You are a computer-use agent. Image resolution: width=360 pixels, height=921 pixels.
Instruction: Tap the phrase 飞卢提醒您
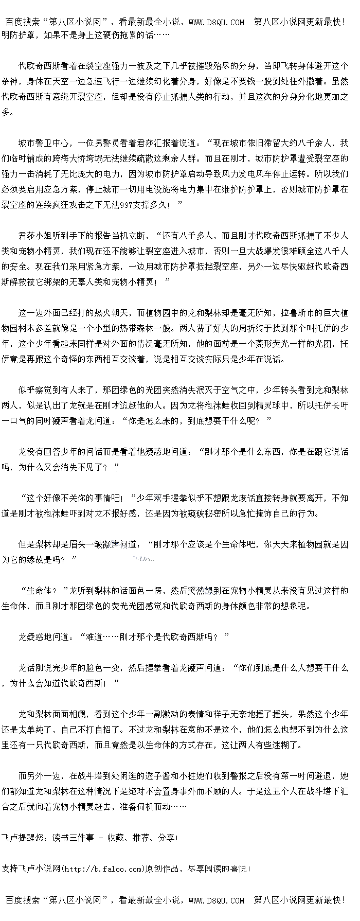tap(23, 838)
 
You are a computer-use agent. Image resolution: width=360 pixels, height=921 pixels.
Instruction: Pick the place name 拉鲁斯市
tap(297, 313)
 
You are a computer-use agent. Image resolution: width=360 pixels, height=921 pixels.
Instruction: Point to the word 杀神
tap(10, 81)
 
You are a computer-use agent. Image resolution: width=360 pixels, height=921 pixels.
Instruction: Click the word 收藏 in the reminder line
tap(116, 838)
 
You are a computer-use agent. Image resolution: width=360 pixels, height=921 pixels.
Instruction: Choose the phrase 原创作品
tap(161, 869)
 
